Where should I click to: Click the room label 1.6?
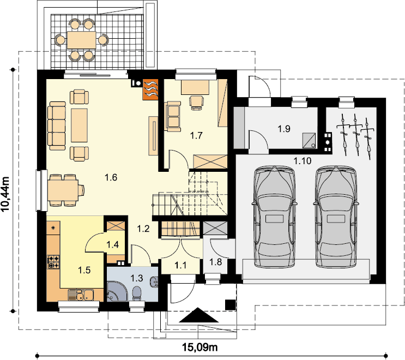111,177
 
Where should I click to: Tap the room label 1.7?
196,135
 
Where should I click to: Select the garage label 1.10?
303,161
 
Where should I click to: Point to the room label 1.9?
284,128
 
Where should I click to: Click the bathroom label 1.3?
137,278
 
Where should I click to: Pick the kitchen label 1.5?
84,271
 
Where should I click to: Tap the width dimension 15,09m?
200,347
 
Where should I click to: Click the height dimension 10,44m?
5,194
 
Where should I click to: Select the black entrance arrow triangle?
198,315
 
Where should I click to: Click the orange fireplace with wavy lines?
150,89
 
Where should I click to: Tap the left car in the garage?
274,217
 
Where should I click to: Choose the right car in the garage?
336,217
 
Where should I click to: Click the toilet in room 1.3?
137,294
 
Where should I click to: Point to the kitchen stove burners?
53,262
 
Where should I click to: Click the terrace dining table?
81,40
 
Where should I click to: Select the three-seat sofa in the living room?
57,126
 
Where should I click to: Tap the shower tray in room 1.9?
309,140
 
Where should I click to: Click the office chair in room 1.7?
196,103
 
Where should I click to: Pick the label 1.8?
215,262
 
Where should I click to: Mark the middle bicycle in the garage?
355,135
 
